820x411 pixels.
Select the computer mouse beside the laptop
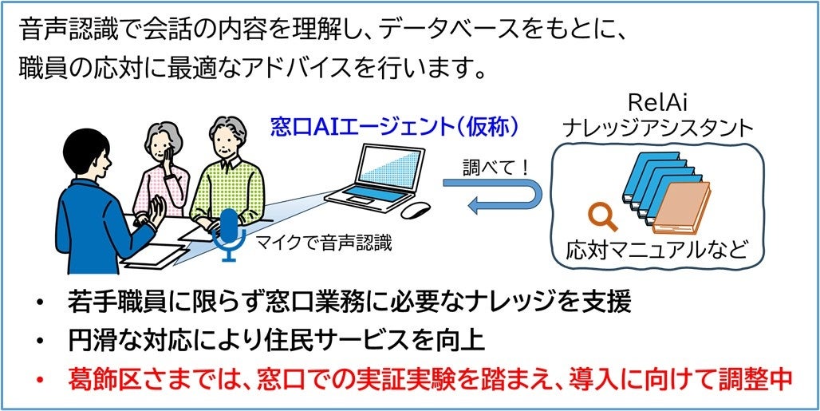click(x=415, y=210)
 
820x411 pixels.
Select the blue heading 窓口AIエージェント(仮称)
click(x=395, y=126)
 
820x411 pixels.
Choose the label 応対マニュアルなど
click(x=657, y=250)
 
